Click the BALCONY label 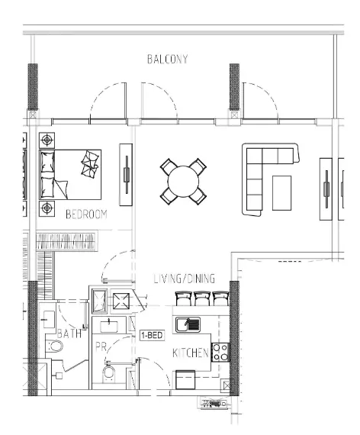167,60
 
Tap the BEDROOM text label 86,214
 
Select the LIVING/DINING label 184,279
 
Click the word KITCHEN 190,353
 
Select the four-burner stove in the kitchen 220,352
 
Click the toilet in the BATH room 55,347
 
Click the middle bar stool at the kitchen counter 202,298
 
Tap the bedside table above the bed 47,140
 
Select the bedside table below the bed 47,208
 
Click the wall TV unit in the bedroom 126,173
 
